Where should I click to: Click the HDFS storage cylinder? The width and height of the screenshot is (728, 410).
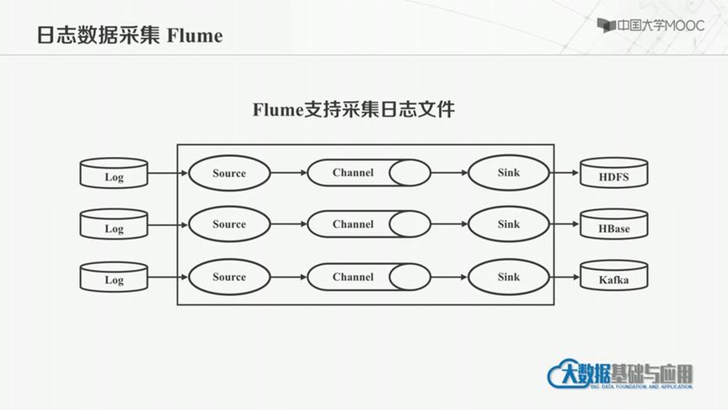click(613, 175)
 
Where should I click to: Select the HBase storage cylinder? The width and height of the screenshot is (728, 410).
click(613, 227)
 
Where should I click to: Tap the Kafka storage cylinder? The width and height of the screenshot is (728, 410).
click(613, 278)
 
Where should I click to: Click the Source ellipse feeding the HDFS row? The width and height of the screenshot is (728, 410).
click(229, 173)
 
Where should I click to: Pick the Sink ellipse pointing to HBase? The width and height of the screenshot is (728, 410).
click(508, 224)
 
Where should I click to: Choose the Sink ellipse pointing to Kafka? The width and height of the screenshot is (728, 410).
click(508, 277)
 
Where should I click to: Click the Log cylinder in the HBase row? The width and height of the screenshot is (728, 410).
click(114, 227)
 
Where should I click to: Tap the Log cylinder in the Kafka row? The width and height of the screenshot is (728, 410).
click(114, 278)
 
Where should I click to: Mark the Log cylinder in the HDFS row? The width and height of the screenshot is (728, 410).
click(114, 175)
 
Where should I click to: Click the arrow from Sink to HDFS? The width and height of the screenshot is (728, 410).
click(564, 174)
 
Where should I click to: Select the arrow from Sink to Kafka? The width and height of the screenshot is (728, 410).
click(564, 277)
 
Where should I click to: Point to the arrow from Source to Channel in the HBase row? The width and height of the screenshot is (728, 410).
click(288, 224)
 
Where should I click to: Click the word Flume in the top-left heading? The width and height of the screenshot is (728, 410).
click(195, 36)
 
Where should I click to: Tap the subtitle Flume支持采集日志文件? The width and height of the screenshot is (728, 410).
click(354, 110)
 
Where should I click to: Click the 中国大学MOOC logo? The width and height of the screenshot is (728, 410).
click(650, 26)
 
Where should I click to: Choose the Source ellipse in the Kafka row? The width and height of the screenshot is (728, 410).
click(229, 277)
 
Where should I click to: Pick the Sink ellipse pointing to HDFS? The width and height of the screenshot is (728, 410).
click(508, 173)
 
